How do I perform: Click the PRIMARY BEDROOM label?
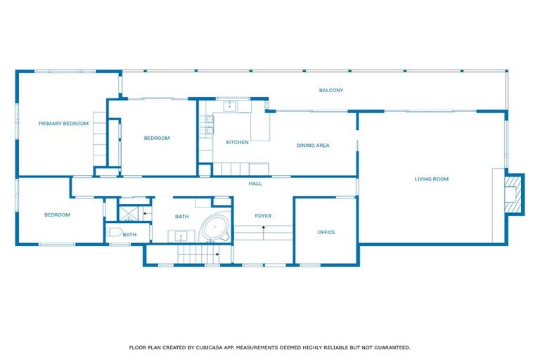(63, 124)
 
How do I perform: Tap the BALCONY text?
(330, 90)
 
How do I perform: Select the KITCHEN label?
(237, 143)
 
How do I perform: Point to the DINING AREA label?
(313, 146)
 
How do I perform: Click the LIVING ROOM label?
(431, 179)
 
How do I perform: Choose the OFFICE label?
(326, 232)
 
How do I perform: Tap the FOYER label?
(263, 216)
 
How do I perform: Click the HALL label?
(255, 184)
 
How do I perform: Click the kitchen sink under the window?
(230, 106)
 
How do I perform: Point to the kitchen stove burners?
(206, 127)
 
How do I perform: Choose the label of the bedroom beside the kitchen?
(157, 138)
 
